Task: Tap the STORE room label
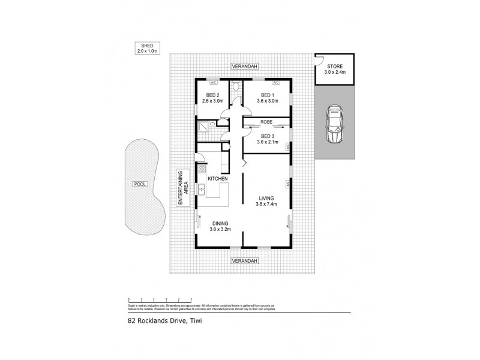pos(335,69)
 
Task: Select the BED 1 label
pos(266,98)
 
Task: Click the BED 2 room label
pos(214,98)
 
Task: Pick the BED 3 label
pos(266,139)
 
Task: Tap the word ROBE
pos(266,122)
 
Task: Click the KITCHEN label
pos(217,179)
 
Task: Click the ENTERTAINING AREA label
pos(182,188)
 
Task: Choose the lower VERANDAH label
pos(244,261)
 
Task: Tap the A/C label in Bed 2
pos(214,82)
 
